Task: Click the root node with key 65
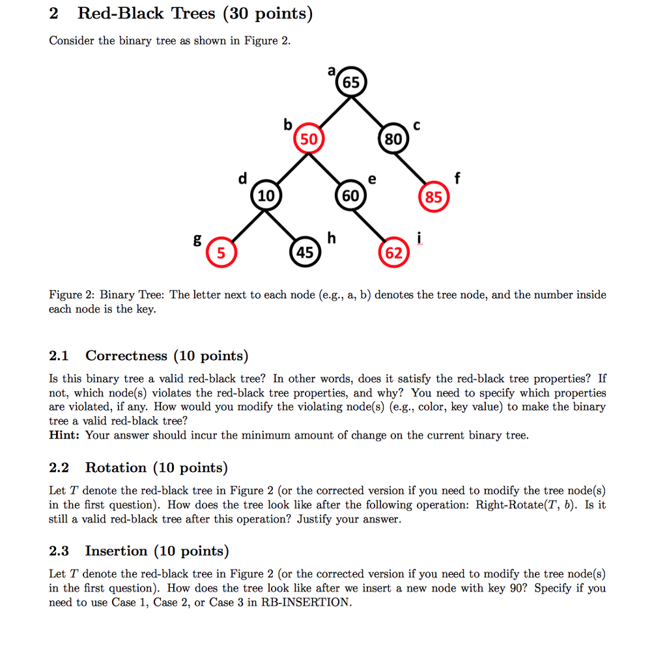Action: [x=351, y=83]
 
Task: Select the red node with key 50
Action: [x=308, y=139]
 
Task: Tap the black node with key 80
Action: [x=393, y=139]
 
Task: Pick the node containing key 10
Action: [x=266, y=195]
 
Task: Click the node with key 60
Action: [x=350, y=195]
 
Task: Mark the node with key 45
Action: [x=305, y=252]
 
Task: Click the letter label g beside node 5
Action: [x=197, y=239]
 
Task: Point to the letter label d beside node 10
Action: [x=243, y=178]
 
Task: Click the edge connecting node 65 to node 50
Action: [x=330, y=111]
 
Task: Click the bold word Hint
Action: [x=64, y=436]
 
